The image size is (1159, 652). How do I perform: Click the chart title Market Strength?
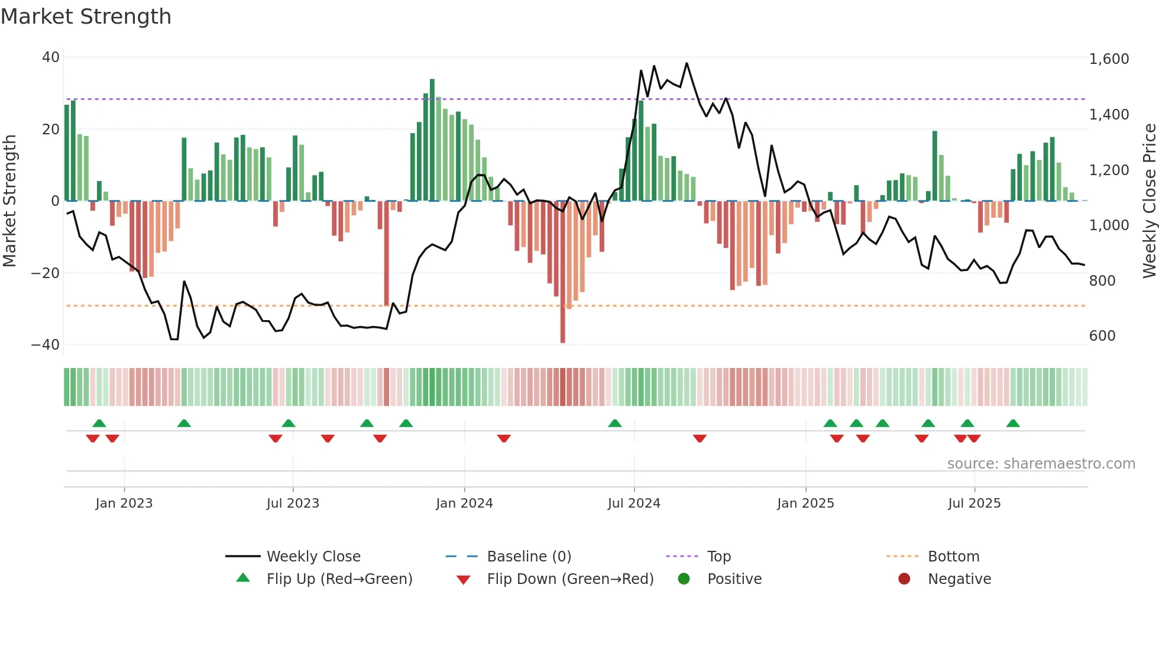click(x=86, y=17)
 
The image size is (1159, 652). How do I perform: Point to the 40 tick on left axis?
click(x=51, y=57)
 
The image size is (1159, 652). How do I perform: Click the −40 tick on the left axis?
click(x=46, y=344)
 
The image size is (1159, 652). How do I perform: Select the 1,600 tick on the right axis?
click(x=1109, y=59)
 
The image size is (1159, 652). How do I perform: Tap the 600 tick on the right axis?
click(x=1102, y=336)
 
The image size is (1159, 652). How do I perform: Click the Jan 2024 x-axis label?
click(x=464, y=503)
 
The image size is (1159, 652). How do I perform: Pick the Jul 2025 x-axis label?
click(x=974, y=503)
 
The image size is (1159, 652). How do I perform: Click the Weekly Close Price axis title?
click(x=1149, y=201)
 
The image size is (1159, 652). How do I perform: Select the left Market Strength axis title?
click(x=9, y=201)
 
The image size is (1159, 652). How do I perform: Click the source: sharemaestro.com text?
click(x=1041, y=464)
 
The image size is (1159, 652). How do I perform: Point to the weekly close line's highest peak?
click(x=687, y=63)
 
